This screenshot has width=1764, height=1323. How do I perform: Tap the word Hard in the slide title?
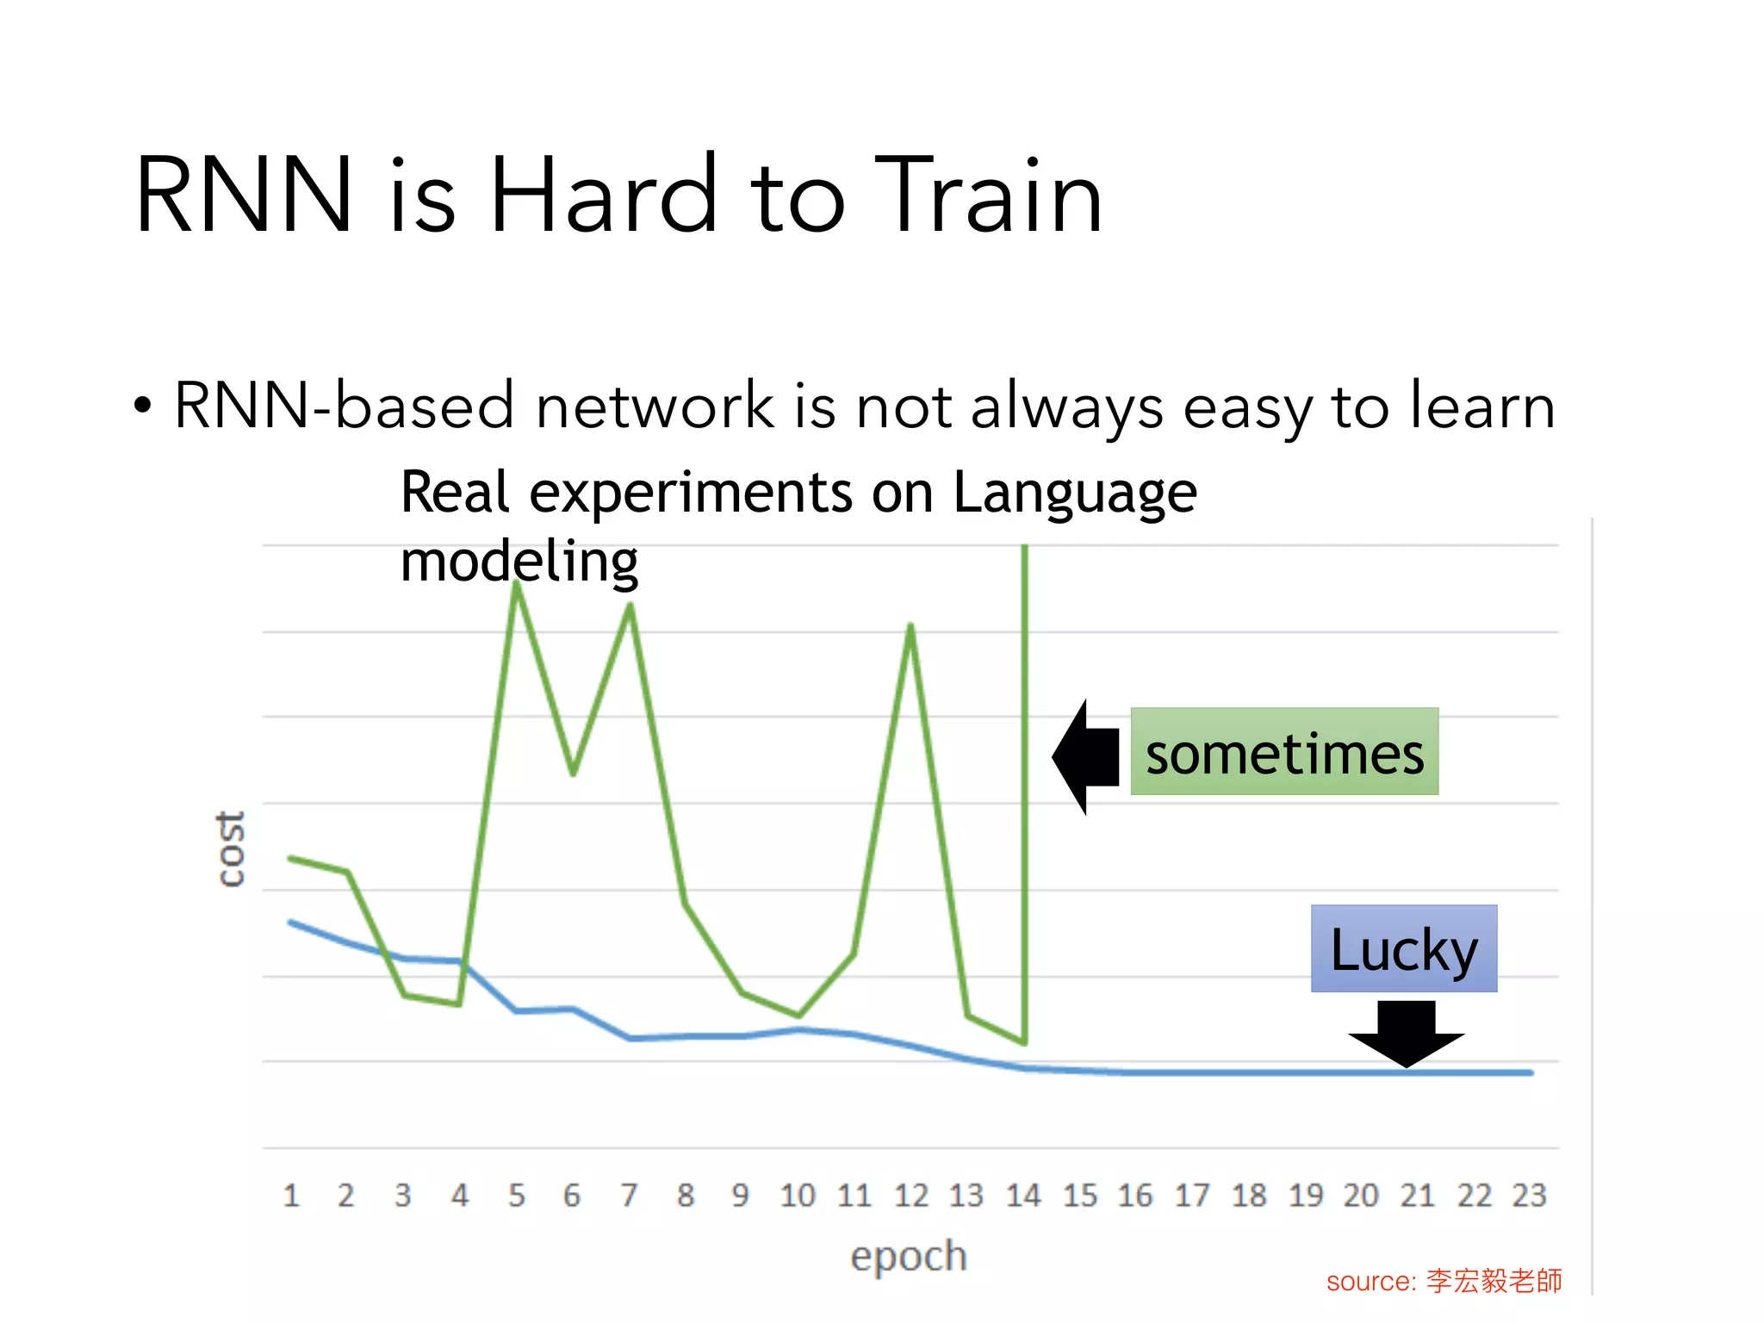click(x=603, y=196)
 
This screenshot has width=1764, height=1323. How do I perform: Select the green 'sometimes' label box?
click(x=1283, y=751)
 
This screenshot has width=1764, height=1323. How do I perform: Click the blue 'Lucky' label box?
click(x=1404, y=948)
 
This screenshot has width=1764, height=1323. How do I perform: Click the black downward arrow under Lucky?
click(x=1406, y=1034)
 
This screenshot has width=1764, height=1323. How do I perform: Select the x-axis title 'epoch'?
click(x=909, y=1256)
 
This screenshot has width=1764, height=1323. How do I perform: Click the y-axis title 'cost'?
click(x=230, y=848)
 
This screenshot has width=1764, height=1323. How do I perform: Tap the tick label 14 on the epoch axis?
click(x=1023, y=1196)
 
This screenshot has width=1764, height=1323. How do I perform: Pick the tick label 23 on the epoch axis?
click(x=1530, y=1196)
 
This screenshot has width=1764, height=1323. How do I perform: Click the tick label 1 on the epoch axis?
click(x=291, y=1196)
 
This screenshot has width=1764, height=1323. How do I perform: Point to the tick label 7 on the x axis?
click(x=629, y=1196)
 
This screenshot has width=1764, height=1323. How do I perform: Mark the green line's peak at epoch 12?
click(x=910, y=625)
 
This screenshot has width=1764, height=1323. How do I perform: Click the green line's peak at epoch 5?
click(x=516, y=584)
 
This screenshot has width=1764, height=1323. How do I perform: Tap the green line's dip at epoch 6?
click(x=573, y=773)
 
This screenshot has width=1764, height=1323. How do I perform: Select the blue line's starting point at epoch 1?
click(x=291, y=922)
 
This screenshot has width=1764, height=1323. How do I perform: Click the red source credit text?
click(x=1444, y=1281)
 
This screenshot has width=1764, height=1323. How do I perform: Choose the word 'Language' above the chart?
click(x=1074, y=493)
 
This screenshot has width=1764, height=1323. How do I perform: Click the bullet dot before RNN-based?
click(x=143, y=405)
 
